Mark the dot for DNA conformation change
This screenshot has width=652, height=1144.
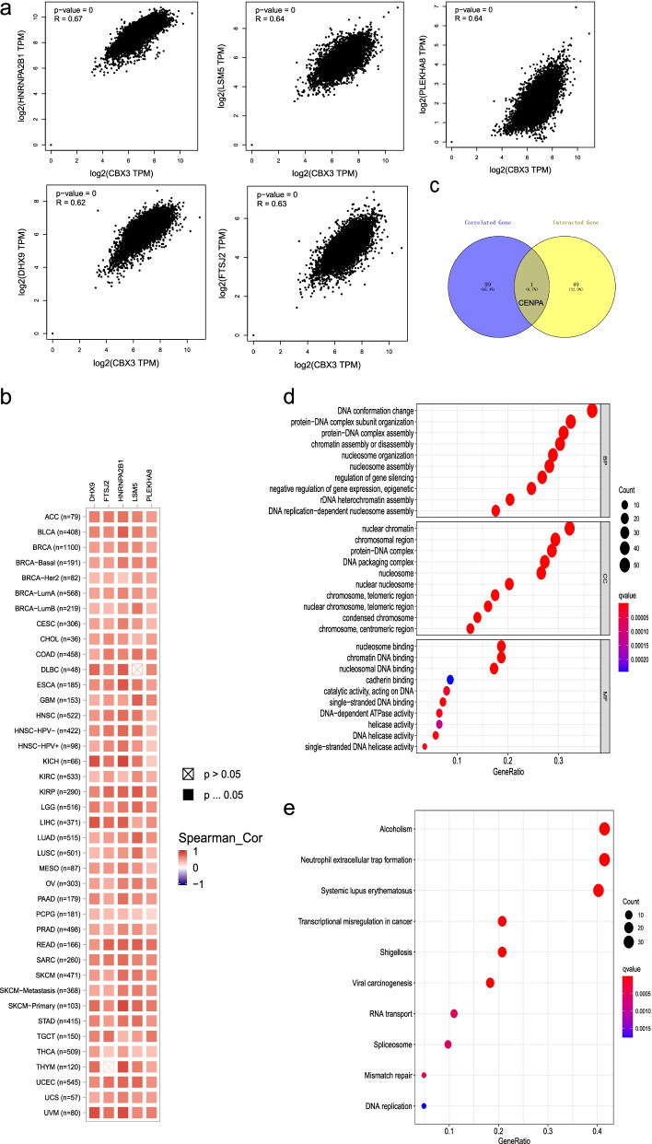(x=592, y=410)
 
